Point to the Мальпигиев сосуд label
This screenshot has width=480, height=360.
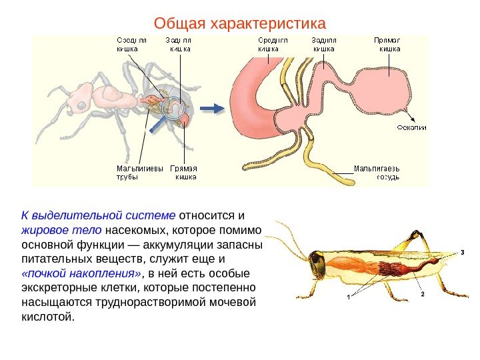[377, 172]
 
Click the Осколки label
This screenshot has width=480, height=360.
[411, 127]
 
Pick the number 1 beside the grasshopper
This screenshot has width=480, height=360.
[347, 298]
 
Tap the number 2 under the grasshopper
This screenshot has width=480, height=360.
[421, 293]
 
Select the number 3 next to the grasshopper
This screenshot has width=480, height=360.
[461, 252]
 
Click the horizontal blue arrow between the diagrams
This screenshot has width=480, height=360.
[213, 107]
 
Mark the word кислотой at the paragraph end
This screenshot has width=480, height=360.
[45, 316]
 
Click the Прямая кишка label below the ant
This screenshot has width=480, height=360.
[184, 172]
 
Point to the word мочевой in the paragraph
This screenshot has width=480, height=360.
[233, 302]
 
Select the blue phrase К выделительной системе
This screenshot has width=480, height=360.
[99, 215]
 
